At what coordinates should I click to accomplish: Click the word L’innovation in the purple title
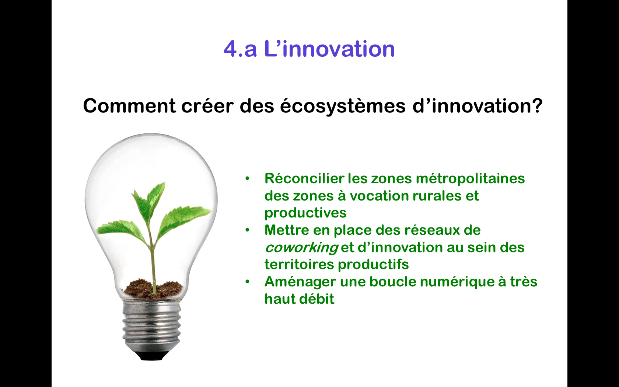point(329,49)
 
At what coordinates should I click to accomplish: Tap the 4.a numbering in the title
point(240,49)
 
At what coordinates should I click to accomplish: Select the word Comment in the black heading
point(129,105)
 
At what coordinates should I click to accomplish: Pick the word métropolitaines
point(470,179)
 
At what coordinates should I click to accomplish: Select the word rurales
point(437,196)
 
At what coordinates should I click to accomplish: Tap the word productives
point(305,213)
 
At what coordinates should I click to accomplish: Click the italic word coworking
point(301,248)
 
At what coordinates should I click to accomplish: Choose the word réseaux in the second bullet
point(431,230)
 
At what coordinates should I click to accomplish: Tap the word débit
point(317,299)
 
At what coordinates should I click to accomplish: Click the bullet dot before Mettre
point(247,230)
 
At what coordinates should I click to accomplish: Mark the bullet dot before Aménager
point(247,282)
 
